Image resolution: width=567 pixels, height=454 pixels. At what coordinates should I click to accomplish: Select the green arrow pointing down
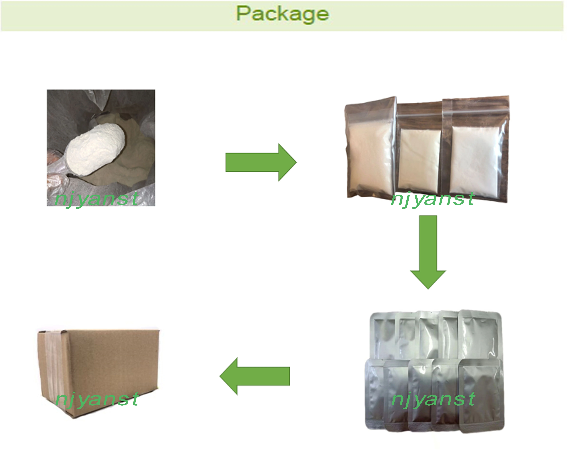pos(428,250)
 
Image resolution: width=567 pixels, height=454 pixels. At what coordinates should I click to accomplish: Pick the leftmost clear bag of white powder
pos(369,150)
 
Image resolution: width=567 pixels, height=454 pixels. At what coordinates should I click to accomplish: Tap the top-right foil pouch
pos(480,334)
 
